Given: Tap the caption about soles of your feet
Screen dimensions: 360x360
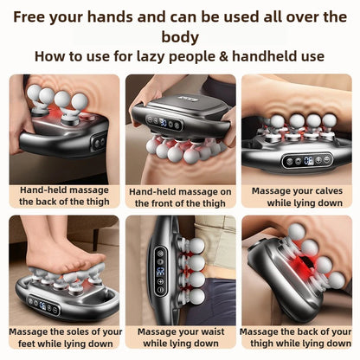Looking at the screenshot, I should [62, 337].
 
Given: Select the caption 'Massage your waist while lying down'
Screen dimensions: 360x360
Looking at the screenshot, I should [180, 337].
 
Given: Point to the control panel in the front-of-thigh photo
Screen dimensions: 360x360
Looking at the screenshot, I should [164, 123].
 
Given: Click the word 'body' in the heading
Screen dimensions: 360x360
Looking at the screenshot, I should [180, 36].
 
